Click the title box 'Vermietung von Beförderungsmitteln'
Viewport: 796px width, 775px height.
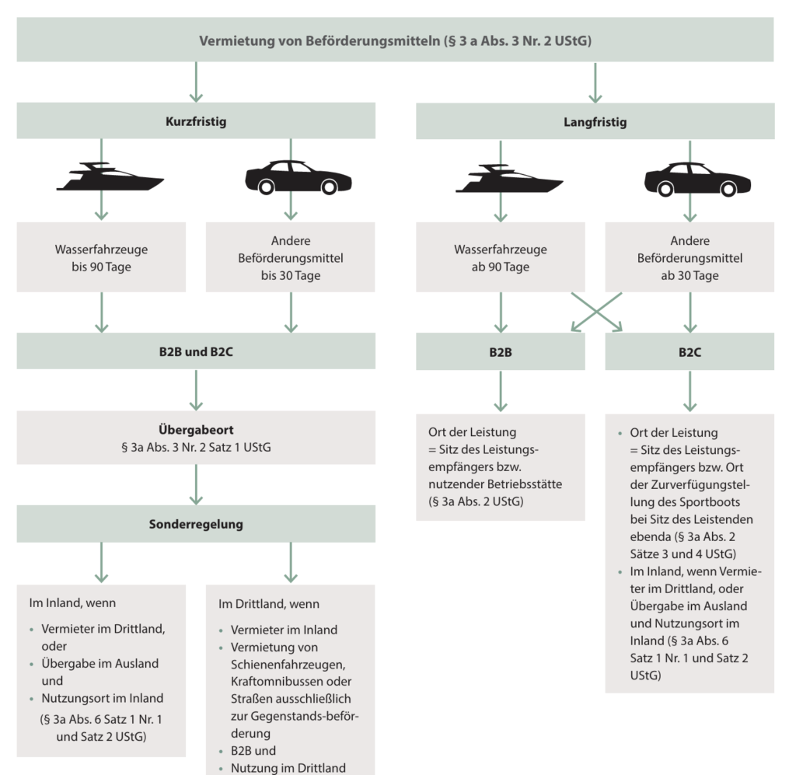pos(395,40)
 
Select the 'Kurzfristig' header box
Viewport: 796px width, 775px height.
pos(196,122)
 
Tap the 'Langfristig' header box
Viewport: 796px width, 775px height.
pos(595,122)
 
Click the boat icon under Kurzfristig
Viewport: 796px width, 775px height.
pos(110,178)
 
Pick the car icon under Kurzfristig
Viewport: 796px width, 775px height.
pos(298,178)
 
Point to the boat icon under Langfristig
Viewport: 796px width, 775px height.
pos(508,178)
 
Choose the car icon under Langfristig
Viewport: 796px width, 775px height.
pos(697,178)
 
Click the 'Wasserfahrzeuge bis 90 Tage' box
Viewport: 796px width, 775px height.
pos(101,257)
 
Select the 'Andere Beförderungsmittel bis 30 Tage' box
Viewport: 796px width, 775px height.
pos(291,257)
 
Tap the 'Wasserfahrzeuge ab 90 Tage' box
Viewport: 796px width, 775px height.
pos(500,257)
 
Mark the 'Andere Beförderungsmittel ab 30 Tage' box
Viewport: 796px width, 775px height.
pos(690,257)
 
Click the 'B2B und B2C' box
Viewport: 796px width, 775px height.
pos(196,351)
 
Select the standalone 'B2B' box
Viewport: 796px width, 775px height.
pos(500,351)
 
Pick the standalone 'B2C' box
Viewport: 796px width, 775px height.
pos(690,351)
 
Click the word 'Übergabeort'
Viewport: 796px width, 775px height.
pos(196,429)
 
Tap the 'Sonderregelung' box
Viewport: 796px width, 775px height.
pos(196,524)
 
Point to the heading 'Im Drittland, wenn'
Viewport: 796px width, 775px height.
pos(269,604)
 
